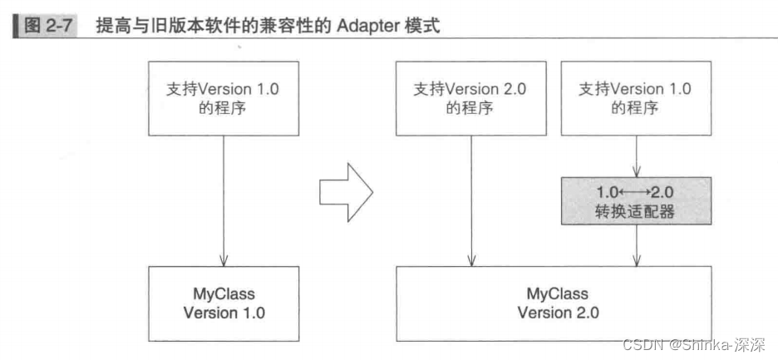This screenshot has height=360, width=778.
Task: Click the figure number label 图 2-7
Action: [x=49, y=27]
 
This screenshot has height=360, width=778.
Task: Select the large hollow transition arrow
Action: [x=346, y=192]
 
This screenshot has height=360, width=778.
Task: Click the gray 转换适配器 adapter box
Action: [x=636, y=200]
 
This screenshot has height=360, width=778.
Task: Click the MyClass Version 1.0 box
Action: [x=224, y=303]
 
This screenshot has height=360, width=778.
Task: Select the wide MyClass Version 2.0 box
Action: [x=554, y=303]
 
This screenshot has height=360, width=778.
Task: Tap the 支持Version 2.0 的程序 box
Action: [x=470, y=98]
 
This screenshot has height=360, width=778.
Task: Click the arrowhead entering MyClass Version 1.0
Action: [x=224, y=261]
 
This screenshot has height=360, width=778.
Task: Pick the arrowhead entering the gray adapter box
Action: [x=637, y=172]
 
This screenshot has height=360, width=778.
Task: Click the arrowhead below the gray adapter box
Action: [x=637, y=261]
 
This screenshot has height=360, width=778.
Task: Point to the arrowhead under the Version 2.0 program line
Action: [x=471, y=261]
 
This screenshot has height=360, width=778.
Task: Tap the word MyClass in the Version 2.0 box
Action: [x=557, y=293]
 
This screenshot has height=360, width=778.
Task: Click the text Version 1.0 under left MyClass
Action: [x=224, y=313]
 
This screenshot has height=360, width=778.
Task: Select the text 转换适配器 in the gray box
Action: [x=636, y=212]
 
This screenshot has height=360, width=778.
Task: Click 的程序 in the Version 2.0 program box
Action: [x=470, y=108]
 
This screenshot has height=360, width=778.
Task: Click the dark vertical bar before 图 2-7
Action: [x=17, y=27]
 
